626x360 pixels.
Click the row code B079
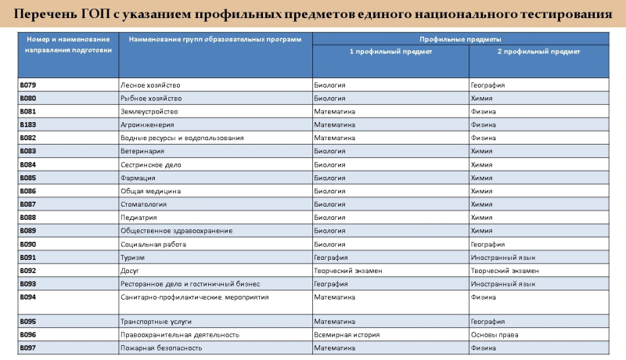[x=28, y=85]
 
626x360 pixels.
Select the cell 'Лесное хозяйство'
[x=150, y=85]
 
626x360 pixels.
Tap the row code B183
[x=28, y=124]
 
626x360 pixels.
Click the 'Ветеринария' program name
[x=142, y=151]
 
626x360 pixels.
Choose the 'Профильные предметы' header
[x=460, y=38]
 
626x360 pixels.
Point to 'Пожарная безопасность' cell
[x=161, y=347]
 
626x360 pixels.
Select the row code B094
[x=28, y=297]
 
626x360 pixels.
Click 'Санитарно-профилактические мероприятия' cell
[x=194, y=297]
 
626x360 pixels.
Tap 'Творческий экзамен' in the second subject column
[x=505, y=271]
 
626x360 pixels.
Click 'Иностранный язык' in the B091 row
[x=503, y=257]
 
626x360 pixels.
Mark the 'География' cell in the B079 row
[x=487, y=85]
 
